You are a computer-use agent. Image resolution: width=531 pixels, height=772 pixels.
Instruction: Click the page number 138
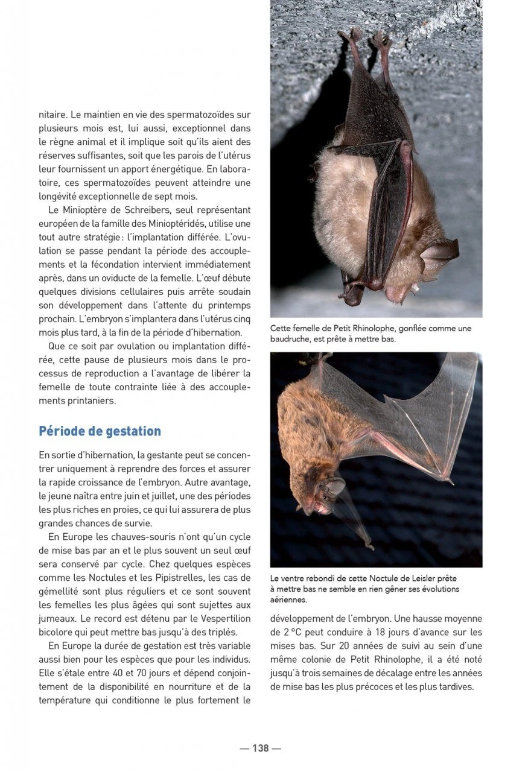tap(260, 748)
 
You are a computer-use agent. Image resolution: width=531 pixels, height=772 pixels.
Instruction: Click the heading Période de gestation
tap(100, 431)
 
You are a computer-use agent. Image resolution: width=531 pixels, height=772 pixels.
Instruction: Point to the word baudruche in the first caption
tap(293, 340)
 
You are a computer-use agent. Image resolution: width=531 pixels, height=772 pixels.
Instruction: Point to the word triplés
tap(220, 633)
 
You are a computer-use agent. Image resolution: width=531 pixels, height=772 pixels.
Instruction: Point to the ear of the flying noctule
tap(335, 486)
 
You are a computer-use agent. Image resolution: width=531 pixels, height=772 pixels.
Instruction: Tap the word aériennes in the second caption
tap(288, 600)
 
